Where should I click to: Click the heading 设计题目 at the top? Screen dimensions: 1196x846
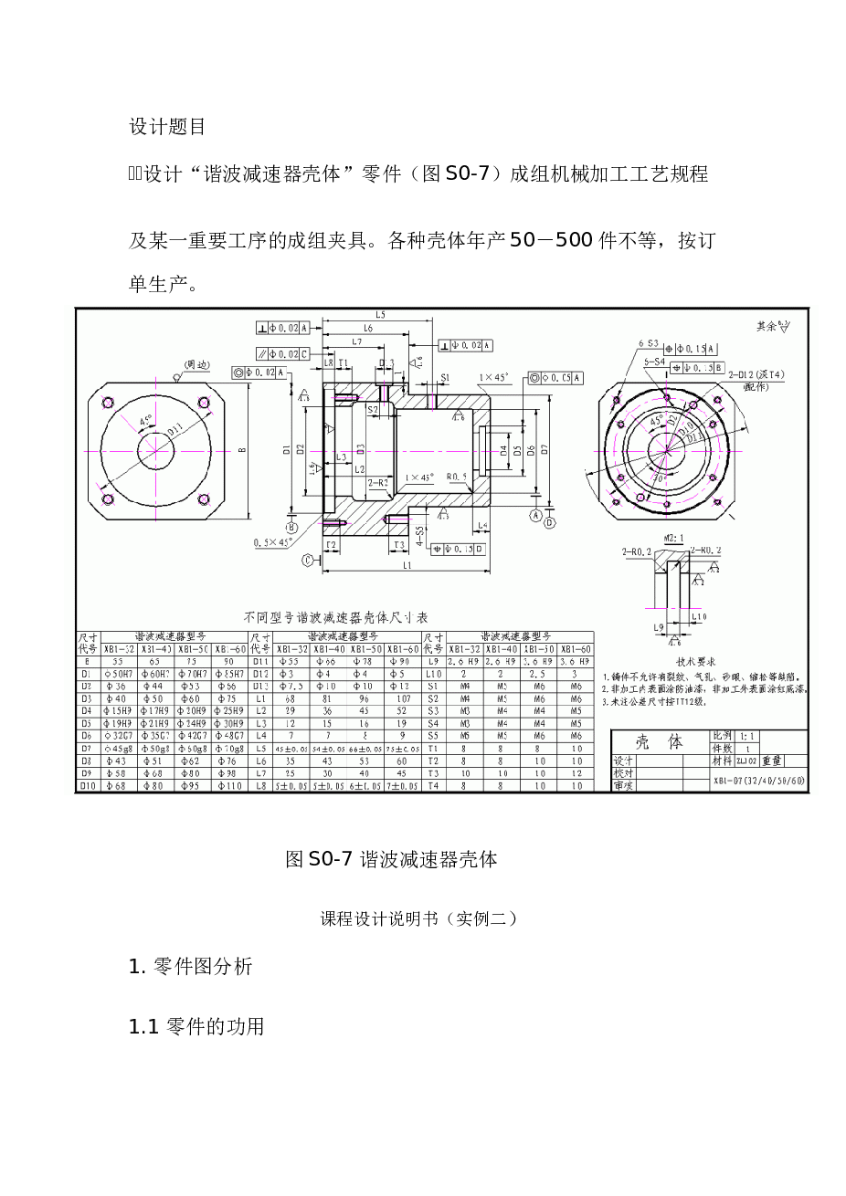(x=166, y=127)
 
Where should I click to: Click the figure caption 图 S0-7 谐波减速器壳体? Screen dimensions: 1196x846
(x=391, y=859)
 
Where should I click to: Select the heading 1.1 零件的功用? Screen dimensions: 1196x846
(x=196, y=1026)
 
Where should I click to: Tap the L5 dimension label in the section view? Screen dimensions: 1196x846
(x=380, y=315)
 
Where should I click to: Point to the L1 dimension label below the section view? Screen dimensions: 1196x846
(x=407, y=565)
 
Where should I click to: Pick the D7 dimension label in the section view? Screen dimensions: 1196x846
(x=545, y=449)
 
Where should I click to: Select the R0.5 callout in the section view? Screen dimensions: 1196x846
(x=456, y=477)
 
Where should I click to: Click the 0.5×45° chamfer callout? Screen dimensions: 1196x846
(x=273, y=543)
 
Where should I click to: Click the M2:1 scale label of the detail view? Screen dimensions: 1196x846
(x=674, y=538)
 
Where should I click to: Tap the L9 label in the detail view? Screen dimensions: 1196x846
(x=658, y=627)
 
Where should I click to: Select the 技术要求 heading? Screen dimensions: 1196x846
(x=695, y=661)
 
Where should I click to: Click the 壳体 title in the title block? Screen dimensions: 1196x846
(x=660, y=742)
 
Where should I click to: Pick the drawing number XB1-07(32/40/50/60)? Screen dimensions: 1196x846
(x=760, y=782)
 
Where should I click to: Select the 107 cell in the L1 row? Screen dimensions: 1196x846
(x=403, y=698)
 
